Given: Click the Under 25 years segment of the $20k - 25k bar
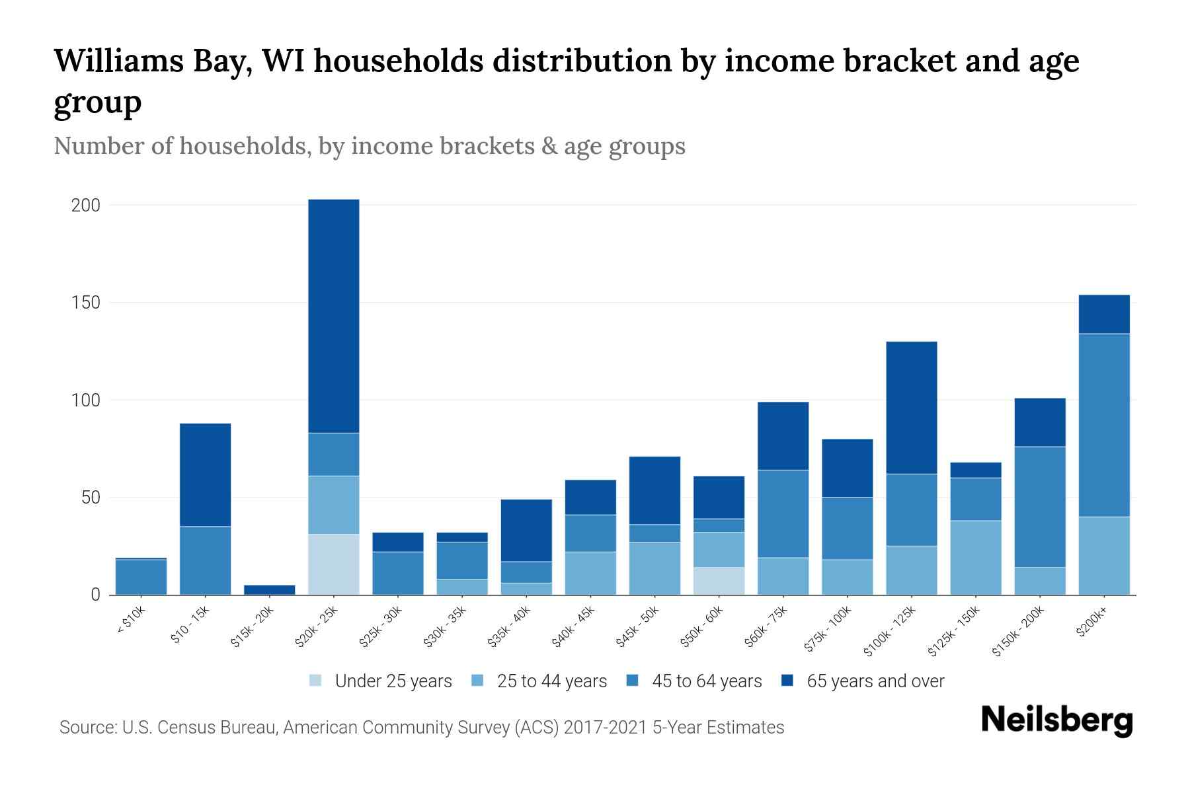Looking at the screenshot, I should click(x=334, y=564).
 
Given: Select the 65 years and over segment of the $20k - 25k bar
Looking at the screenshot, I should click(x=334, y=316).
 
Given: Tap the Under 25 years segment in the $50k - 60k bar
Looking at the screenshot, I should click(x=719, y=580).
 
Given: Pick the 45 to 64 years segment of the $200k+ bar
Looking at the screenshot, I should click(x=1104, y=425).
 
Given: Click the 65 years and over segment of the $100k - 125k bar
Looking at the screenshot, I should click(x=912, y=407).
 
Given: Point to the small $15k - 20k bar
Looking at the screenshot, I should click(x=270, y=589).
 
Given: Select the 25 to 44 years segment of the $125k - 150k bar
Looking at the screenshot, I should click(x=976, y=557).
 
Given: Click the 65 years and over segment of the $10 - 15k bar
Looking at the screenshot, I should click(x=206, y=474).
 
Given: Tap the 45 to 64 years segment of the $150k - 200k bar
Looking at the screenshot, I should click(x=1040, y=507).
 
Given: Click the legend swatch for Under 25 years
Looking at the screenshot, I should click(x=316, y=681).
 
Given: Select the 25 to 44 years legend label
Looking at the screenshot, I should click(x=551, y=681).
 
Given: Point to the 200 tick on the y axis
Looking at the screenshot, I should click(x=86, y=206).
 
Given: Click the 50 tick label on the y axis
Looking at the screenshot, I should click(x=91, y=498).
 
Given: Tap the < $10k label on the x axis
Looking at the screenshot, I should click(x=131, y=621).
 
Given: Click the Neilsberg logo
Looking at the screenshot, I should click(x=1056, y=720).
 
